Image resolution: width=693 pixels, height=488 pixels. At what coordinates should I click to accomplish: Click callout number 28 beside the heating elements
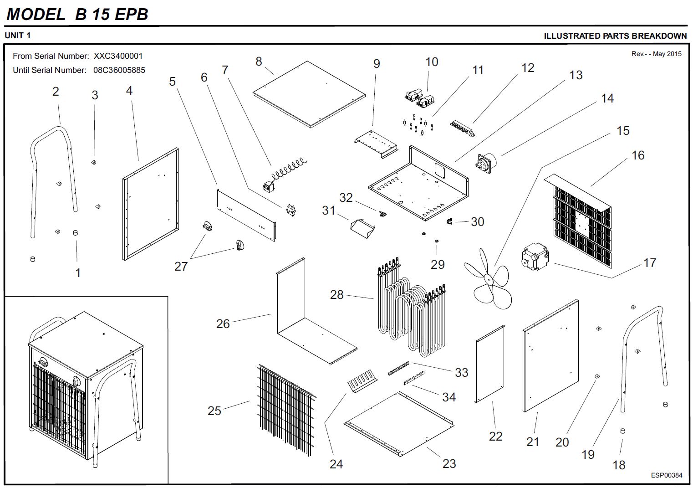[x=336, y=295]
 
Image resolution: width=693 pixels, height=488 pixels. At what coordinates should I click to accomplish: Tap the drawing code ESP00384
[x=666, y=475]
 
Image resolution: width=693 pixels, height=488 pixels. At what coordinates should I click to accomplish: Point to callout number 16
[x=638, y=155]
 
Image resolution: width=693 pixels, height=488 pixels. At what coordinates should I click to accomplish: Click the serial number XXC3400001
[x=118, y=56]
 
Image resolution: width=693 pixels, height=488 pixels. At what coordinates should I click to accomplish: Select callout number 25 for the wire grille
[x=214, y=411]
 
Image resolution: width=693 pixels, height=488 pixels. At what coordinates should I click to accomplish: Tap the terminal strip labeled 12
[x=462, y=128]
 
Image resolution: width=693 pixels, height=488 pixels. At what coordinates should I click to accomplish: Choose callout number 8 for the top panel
[x=259, y=61]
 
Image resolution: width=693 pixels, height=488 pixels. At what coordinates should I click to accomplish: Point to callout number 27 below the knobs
[x=181, y=266]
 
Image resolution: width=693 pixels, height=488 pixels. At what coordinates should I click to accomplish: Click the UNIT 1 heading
[x=18, y=36]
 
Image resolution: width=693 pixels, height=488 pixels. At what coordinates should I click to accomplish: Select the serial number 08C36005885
[x=119, y=70]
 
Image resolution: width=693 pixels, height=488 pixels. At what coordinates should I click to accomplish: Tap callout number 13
[x=576, y=75]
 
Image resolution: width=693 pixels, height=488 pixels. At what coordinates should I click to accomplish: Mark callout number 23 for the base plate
[x=449, y=463]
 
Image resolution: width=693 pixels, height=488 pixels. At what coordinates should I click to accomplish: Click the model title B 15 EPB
[x=112, y=14]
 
